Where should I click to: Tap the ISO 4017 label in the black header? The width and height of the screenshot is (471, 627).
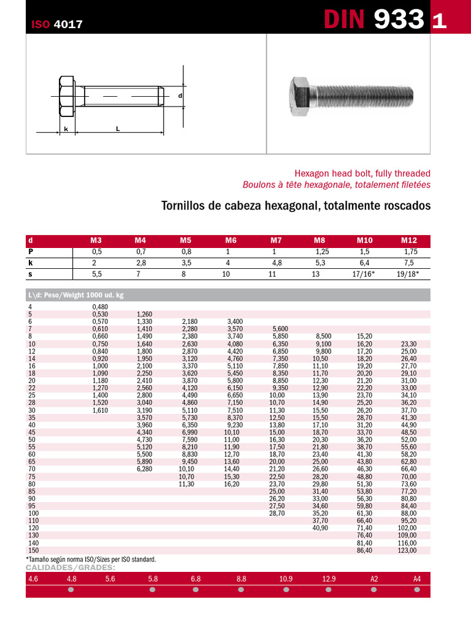(x=57, y=24)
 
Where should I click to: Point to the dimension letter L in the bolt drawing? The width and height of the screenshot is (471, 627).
(x=117, y=129)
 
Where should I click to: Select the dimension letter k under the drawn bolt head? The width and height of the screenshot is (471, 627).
(x=66, y=129)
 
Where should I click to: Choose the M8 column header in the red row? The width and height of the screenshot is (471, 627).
(x=319, y=241)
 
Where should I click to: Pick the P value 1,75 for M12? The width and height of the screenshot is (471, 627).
(x=410, y=252)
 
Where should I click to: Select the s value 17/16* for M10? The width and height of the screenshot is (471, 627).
(x=365, y=274)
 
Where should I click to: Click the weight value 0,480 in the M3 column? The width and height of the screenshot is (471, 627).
(x=99, y=307)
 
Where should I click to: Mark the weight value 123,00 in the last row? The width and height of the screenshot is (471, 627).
(x=407, y=550)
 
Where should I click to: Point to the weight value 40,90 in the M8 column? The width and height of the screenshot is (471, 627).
(x=321, y=528)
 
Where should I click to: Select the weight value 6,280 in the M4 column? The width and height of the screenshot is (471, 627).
(x=144, y=468)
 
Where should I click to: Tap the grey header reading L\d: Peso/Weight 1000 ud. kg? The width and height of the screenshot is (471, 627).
(x=76, y=295)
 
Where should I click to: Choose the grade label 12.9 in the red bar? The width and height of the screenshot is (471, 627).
(x=329, y=578)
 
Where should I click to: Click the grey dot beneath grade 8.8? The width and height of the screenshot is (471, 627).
(x=241, y=590)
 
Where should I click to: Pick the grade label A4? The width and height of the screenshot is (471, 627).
(x=417, y=578)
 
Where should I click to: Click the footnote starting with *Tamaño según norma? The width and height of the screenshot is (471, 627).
(x=91, y=559)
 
